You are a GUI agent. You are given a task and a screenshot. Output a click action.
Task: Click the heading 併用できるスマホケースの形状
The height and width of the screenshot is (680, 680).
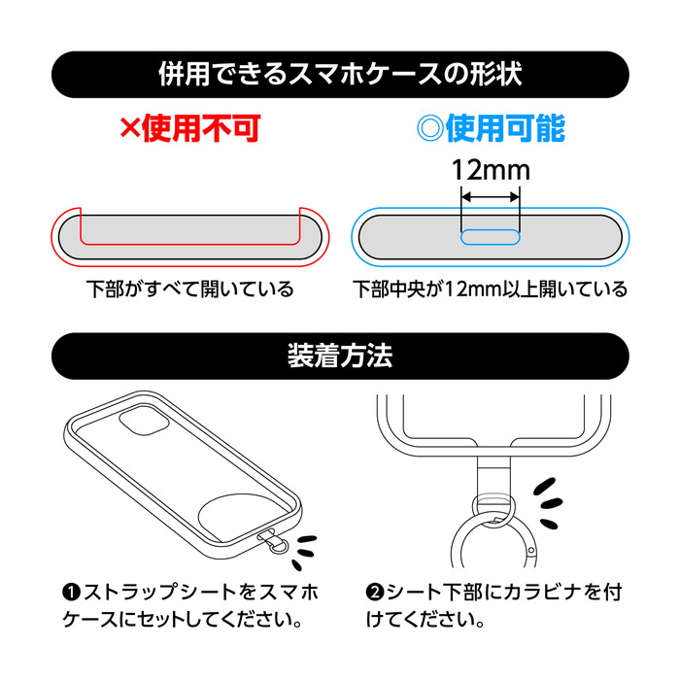point(340,74)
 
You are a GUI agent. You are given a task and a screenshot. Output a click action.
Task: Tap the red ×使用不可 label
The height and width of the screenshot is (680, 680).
point(190,128)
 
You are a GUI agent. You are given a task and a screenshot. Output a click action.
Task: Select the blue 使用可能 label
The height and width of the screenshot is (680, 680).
point(506,128)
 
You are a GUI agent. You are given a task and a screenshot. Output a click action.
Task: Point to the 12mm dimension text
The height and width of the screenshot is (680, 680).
point(491,170)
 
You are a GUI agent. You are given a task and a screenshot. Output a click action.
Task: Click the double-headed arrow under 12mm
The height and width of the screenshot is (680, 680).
point(491,197)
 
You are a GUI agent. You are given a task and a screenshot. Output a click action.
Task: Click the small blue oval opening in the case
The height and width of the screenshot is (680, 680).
point(491,237)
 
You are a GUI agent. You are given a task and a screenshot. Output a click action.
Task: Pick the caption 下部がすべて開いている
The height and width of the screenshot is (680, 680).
point(190,289)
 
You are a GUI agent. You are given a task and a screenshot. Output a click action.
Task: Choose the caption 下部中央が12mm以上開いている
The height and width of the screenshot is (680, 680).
point(490,289)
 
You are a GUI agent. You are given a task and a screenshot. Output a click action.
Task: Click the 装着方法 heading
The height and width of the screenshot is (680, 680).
point(340,357)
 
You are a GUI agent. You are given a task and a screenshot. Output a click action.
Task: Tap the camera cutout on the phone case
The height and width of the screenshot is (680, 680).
point(143,422)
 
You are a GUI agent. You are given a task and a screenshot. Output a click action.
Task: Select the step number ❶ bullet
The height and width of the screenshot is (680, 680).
point(72,593)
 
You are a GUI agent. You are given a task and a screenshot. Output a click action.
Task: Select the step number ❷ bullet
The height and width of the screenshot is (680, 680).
point(375,593)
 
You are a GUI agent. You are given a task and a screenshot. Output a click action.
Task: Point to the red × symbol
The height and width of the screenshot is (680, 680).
point(130,128)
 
